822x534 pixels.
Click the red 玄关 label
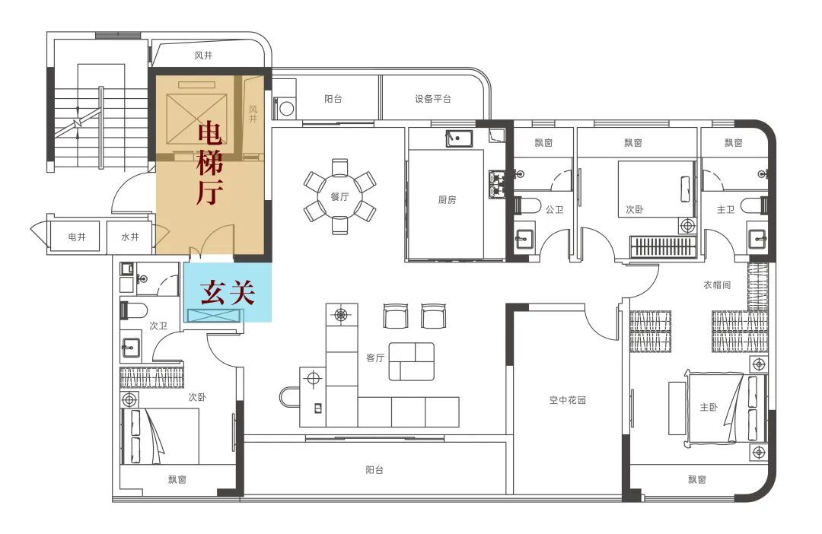click(228, 292)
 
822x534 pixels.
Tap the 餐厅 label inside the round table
click(339, 196)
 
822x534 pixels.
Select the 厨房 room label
click(448, 199)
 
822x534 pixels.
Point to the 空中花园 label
click(568, 400)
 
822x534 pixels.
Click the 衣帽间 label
click(717, 285)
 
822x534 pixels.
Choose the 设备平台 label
click(433, 99)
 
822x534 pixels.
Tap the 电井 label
click(77, 237)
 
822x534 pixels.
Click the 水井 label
click(130, 237)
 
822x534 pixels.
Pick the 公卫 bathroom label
click(554, 210)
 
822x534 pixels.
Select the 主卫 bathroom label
click(725, 210)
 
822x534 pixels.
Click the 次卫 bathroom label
click(158, 326)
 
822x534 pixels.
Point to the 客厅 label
click(375, 358)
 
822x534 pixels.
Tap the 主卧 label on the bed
click(709, 407)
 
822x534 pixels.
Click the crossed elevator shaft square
click(197, 119)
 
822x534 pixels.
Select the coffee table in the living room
click(412, 361)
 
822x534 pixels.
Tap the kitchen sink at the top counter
click(459, 139)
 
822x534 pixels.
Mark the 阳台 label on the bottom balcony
click(374, 471)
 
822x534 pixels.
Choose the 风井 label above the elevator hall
click(203, 56)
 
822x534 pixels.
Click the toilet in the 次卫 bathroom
click(133, 310)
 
